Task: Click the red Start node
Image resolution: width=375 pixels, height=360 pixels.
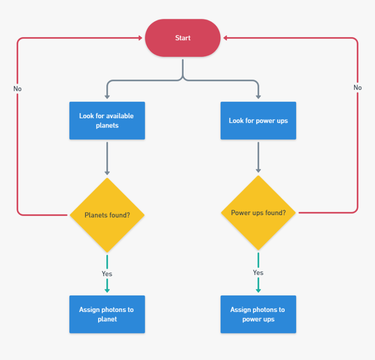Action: pyautogui.click(x=183, y=38)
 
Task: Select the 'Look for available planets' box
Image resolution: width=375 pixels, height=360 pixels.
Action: pyautogui.click(x=107, y=120)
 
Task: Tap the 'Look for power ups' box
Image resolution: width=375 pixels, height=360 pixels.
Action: pyautogui.click(x=258, y=120)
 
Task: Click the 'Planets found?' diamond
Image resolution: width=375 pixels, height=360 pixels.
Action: pyautogui.click(x=107, y=215)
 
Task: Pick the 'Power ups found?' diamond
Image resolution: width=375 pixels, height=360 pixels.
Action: pyautogui.click(x=258, y=213)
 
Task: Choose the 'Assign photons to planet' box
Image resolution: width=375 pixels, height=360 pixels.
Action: pyautogui.click(x=107, y=314)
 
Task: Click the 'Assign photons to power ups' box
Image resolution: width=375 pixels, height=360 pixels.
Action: pyautogui.click(x=258, y=314)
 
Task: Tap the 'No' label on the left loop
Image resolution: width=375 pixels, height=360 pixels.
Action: pyautogui.click(x=17, y=89)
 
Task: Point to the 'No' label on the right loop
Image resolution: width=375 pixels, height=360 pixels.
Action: pyautogui.click(x=358, y=88)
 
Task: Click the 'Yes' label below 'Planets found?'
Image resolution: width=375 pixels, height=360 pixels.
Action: pyautogui.click(x=107, y=274)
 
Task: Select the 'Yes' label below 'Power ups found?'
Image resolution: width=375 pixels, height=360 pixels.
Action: pyautogui.click(x=258, y=272)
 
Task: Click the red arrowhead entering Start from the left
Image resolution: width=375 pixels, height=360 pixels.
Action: pyautogui.click(x=140, y=38)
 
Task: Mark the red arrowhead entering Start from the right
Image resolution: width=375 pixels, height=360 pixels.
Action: pyautogui.click(x=225, y=38)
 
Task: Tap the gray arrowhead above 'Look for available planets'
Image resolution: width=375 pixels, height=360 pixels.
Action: pyautogui.click(x=107, y=96)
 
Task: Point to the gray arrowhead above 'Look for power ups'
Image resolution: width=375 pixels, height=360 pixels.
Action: pyautogui.click(x=258, y=96)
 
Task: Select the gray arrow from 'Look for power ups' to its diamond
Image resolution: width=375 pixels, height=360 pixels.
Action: pyautogui.click(x=258, y=157)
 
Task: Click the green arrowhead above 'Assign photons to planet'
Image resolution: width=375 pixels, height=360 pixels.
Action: pyautogui.click(x=107, y=290)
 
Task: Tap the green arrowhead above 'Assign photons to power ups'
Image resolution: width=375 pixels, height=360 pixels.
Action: pyautogui.click(x=258, y=290)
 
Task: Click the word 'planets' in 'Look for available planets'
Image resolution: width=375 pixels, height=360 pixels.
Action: pyautogui.click(x=107, y=125)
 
